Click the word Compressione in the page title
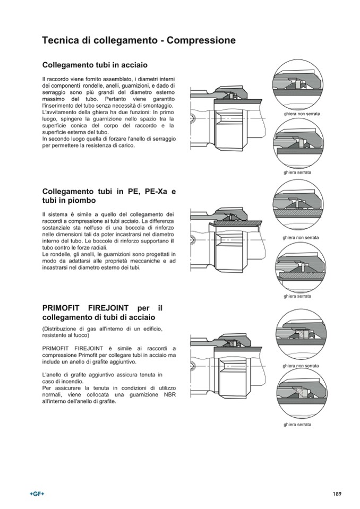[201, 40]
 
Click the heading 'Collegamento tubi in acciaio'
[95, 65]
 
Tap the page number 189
[337, 494]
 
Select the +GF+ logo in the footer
[37, 494]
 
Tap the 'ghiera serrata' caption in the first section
[297, 172]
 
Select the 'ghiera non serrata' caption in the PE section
[301, 237]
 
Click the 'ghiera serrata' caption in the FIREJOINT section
[297, 425]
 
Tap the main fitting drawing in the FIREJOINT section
[227, 366]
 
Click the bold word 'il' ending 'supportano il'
[173, 241]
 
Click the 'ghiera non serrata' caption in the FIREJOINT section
[301, 366]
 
